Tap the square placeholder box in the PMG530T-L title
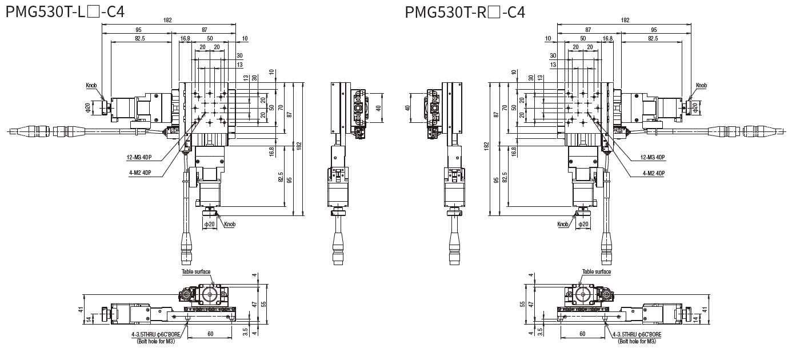coord(94,12)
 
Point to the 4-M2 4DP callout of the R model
coord(653,172)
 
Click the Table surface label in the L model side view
coord(196,272)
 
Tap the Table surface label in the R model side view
coord(597,272)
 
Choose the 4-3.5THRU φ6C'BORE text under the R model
coord(637,335)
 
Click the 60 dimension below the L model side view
coord(210,334)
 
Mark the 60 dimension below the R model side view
coord(582,334)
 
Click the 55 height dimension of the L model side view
coord(263,304)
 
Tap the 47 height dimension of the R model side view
coord(531,304)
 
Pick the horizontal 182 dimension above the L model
coord(167,20)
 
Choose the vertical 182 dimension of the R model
coord(486,146)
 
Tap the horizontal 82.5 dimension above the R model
coord(653,38)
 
